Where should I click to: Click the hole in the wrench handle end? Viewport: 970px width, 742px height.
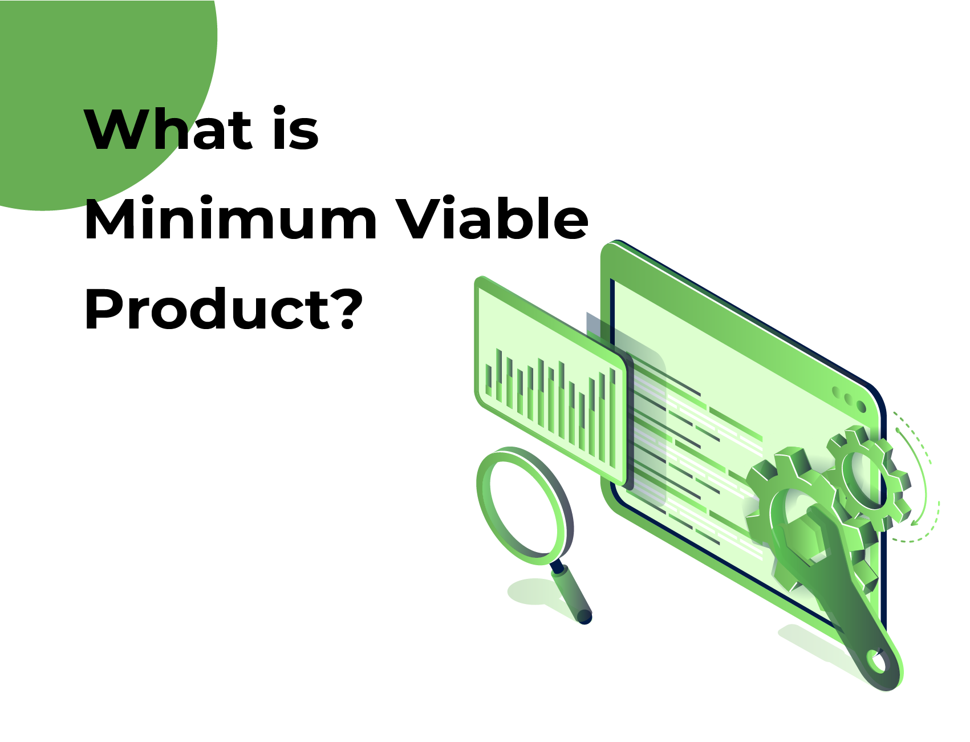[x=877, y=662]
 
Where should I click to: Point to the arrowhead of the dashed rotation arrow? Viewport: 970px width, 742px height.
[x=914, y=521]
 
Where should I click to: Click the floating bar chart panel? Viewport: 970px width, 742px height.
[x=550, y=379]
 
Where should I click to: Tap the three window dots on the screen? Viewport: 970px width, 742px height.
[x=848, y=398]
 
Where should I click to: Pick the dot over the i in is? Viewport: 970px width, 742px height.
[x=279, y=111]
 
